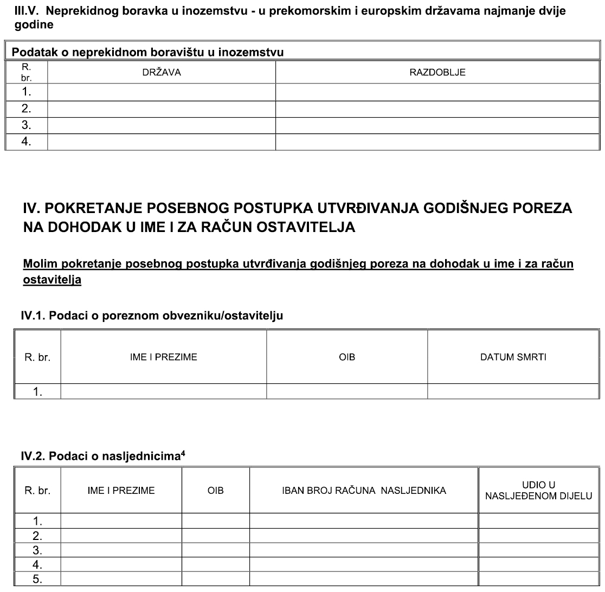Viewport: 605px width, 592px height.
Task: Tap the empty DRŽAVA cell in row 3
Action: click(162, 126)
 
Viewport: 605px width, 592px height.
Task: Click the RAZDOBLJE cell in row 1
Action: click(438, 92)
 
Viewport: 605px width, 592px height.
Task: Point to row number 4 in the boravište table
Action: click(27, 143)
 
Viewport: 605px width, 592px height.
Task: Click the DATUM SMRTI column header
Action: click(514, 357)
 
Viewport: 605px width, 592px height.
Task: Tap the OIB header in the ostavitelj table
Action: click(346, 357)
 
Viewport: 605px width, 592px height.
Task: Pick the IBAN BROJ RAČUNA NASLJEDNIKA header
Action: click(364, 491)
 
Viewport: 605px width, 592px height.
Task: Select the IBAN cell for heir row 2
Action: click(364, 537)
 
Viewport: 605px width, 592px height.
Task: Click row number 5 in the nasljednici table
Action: click(37, 579)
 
